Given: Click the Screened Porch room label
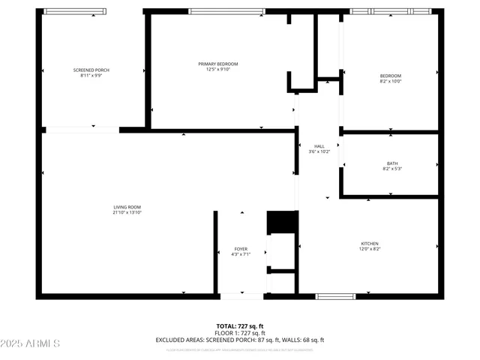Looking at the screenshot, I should (x=91, y=70).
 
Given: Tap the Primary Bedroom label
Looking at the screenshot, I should (x=217, y=64).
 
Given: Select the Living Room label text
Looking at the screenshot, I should (x=127, y=207).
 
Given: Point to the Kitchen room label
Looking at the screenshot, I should (x=370, y=243).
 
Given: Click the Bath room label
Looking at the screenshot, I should (x=392, y=163).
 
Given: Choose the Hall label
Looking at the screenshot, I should (x=319, y=145).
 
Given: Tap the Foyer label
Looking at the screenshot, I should (x=240, y=248).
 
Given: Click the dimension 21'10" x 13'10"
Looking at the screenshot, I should (x=127, y=213).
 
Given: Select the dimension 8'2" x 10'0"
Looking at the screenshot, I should (x=391, y=82).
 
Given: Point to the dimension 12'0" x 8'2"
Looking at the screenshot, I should (x=370, y=249).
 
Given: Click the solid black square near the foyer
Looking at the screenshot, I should (x=282, y=222).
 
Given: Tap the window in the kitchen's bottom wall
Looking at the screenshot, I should (x=334, y=296).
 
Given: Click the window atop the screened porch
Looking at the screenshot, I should (x=75, y=11).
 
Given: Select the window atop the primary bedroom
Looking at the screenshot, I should (x=226, y=11).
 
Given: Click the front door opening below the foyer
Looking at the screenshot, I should (x=241, y=296).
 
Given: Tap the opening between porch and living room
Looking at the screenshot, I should (x=82, y=130).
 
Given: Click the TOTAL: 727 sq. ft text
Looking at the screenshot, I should (x=240, y=326).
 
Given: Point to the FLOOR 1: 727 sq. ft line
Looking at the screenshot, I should (x=240, y=333).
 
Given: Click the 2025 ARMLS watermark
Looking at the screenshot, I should (x=31, y=343).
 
